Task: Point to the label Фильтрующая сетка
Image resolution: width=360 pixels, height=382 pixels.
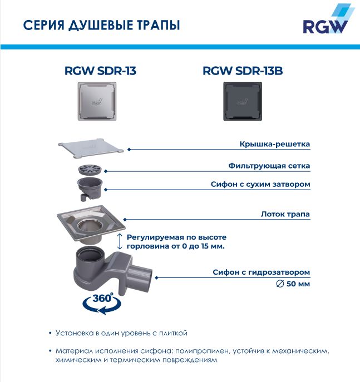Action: [x=269, y=166]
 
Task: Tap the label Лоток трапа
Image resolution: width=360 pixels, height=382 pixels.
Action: [x=285, y=214]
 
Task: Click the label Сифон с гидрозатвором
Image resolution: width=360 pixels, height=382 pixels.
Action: [x=262, y=272]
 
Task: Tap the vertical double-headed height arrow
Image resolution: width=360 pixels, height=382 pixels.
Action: [x=119, y=241]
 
